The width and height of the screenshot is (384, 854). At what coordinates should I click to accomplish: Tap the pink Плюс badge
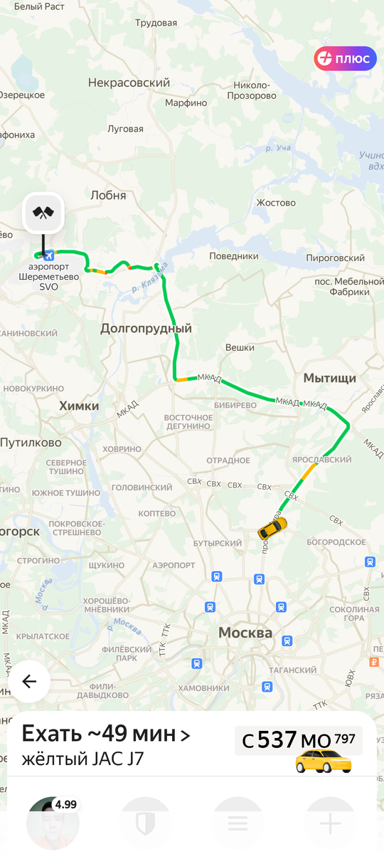[x=345, y=58]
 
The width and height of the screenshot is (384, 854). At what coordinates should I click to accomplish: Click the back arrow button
[x=29, y=682]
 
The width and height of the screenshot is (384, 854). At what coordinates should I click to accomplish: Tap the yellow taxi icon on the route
[x=272, y=528]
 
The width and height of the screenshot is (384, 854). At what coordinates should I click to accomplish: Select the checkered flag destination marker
[x=44, y=212]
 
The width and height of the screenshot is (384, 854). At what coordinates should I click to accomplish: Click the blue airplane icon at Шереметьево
[x=48, y=255]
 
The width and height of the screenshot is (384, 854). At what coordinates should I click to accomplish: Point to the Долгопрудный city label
[x=146, y=329]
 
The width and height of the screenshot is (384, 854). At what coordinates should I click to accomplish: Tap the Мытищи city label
[x=329, y=378]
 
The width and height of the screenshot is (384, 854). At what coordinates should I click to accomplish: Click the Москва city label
[x=245, y=633]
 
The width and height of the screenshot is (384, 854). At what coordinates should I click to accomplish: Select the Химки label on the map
[x=79, y=406]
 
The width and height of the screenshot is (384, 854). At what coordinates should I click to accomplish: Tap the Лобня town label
[x=108, y=195]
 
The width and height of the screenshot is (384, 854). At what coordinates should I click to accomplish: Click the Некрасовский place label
[x=129, y=83]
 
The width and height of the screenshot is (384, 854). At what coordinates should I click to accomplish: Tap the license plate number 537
[x=277, y=740]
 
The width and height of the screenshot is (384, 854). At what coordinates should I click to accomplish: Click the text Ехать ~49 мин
[x=100, y=734]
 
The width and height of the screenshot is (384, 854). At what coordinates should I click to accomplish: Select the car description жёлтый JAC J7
[x=82, y=759]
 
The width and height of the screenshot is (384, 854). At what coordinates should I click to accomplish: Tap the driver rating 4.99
[x=65, y=805]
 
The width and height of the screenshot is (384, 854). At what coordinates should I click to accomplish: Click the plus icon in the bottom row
[x=330, y=823]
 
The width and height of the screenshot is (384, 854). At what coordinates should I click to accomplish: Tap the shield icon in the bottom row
[x=145, y=823]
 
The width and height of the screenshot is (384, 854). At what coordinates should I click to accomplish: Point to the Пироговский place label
[x=335, y=258]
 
